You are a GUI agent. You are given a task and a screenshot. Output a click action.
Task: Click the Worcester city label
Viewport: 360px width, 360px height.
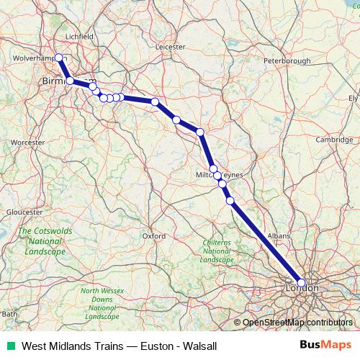click(29, 143)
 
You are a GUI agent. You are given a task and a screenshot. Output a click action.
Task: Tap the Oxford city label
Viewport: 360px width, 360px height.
click(154, 235)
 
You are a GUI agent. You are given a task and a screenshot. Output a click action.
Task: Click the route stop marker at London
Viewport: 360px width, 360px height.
click(302, 283)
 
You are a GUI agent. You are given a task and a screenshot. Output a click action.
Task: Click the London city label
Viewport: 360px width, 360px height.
click(302, 288)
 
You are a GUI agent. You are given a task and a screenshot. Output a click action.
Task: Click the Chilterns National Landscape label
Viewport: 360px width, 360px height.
click(217, 251)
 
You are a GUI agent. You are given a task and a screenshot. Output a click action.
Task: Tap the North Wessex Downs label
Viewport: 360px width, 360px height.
click(100, 302)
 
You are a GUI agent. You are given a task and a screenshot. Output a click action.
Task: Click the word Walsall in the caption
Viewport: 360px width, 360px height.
click(199, 346)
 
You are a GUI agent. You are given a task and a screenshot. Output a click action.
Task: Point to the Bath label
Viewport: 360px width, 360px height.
click(9, 314)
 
